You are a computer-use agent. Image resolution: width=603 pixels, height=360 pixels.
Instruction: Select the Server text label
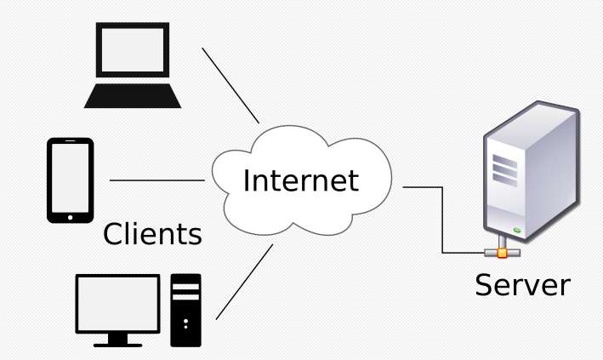[522, 283]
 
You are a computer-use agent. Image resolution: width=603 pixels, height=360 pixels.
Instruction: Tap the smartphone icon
[70, 180]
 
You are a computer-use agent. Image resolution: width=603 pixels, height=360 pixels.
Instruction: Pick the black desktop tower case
[185, 310]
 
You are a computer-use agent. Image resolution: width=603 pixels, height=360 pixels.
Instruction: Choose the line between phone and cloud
[157, 180]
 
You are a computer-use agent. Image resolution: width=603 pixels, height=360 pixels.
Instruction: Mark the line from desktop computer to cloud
[244, 282]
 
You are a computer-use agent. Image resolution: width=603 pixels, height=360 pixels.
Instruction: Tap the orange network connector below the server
[503, 252]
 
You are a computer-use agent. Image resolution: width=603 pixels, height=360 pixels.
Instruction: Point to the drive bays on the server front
[504, 172]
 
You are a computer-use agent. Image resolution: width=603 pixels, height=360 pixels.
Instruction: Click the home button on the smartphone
[70, 214]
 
